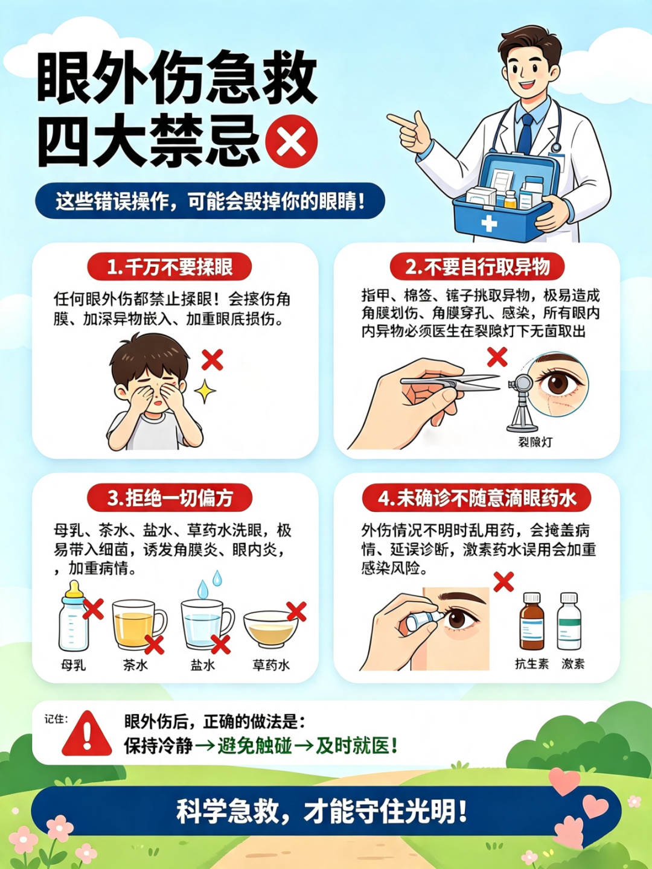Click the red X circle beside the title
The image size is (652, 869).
tap(292, 141)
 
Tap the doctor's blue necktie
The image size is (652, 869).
tap(525, 133)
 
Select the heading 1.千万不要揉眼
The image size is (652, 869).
tap(170, 267)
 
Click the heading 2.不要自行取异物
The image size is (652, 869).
tap(477, 267)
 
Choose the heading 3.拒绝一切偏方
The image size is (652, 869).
tap(170, 498)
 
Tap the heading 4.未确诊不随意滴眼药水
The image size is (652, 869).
tap(477, 498)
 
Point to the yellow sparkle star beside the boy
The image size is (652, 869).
tap(205, 391)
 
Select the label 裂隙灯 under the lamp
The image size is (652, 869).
tap(535, 442)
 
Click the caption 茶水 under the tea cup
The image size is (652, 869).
tap(135, 664)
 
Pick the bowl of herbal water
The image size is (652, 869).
tap(271, 629)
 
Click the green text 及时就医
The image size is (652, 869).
tap(356, 746)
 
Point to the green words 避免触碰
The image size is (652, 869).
tap(255, 746)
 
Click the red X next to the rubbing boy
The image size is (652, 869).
tap(213, 360)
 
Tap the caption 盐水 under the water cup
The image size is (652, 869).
tap(203, 664)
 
